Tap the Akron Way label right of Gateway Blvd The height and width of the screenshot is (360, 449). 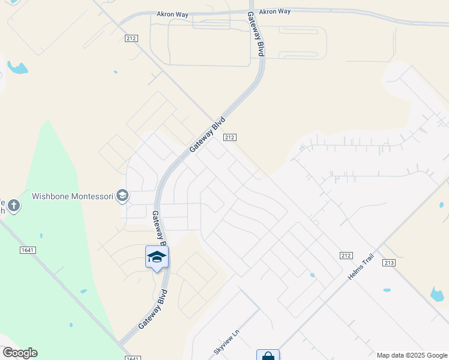[x=276, y=11]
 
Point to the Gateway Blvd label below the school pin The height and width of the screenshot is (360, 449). [x=152, y=308]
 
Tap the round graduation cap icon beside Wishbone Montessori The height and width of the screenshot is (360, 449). [x=122, y=195]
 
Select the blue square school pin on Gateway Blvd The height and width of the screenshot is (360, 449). [x=157, y=257]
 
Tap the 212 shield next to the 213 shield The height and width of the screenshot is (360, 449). [x=345, y=255]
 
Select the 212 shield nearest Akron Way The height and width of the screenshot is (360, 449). [x=131, y=38]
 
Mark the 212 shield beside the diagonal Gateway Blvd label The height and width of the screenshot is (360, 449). [x=229, y=137]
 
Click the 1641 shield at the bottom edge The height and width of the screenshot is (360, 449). [x=133, y=358]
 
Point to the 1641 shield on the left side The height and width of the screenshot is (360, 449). [x=26, y=250]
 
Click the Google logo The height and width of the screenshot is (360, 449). [x=20, y=353]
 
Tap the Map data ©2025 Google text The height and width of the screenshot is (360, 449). [x=411, y=355]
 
